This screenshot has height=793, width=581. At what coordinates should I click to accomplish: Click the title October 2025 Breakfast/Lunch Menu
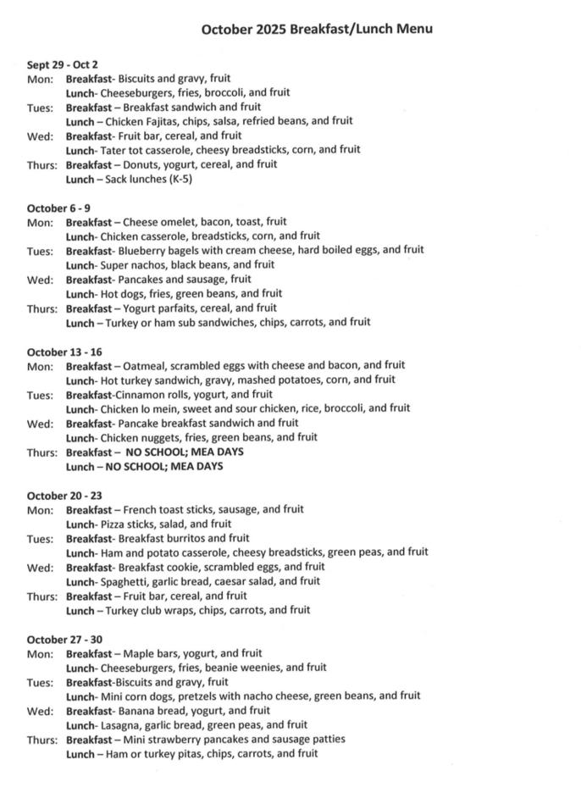tap(317, 30)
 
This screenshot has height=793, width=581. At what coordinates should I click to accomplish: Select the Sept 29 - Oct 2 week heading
tap(63, 64)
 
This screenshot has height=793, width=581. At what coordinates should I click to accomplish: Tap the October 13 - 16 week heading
tap(64, 352)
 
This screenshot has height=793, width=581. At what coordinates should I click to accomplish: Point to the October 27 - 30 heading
tap(64, 639)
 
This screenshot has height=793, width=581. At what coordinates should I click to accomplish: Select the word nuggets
tap(163, 437)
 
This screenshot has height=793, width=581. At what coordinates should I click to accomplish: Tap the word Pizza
tap(113, 524)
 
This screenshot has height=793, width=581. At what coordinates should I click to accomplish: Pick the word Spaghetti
tap(125, 581)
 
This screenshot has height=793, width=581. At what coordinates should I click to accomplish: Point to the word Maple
tap(139, 653)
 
